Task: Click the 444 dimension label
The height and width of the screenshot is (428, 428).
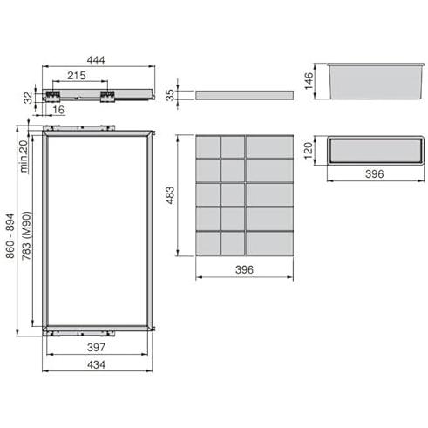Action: coord(96,60)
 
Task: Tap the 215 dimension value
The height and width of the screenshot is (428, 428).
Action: coord(77,76)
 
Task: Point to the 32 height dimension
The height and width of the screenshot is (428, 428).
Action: coord(28,98)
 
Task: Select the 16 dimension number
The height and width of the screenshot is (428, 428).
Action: coord(58,110)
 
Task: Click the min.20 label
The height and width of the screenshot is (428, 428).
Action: coord(24,156)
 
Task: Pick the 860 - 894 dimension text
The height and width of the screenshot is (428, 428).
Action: coord(10,236)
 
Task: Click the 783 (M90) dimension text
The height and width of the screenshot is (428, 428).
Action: coord(26,235)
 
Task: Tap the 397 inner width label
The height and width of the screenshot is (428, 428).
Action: coord(96,347)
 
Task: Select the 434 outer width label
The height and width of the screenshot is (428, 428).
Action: coord(96,364)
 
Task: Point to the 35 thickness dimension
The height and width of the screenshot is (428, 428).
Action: coord(170,95)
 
